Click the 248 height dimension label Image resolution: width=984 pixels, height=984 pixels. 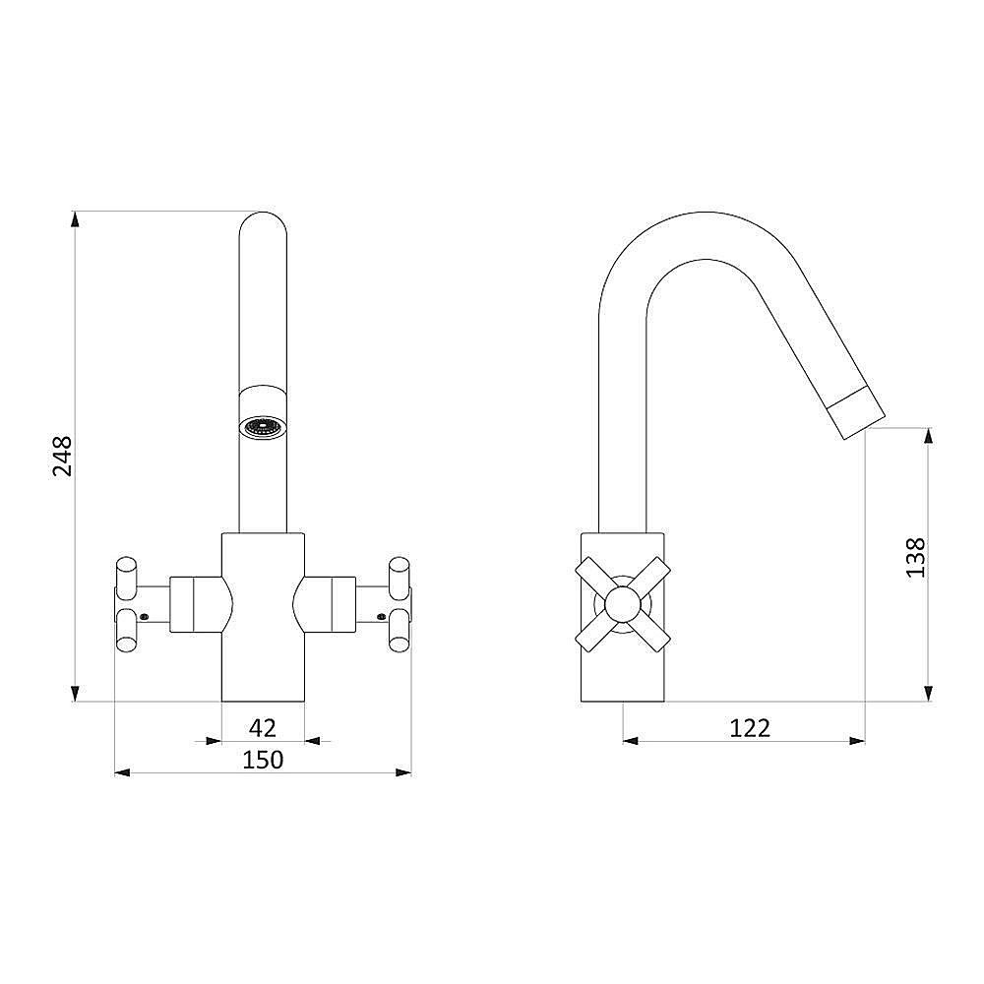(63, 457)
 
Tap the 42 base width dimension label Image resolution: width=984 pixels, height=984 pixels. (263, 728)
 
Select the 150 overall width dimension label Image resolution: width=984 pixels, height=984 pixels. (263, 760)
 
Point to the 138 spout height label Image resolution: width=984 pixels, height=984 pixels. (915, 557)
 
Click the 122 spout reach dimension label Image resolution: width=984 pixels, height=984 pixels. (749, 728)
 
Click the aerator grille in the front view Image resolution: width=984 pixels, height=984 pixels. (263, 428)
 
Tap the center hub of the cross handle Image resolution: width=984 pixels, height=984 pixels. (623, 604)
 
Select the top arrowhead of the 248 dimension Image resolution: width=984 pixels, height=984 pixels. (75, 220)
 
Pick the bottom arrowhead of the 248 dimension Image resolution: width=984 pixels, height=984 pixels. (75, 692)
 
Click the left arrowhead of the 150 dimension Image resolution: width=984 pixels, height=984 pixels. (123, 772)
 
